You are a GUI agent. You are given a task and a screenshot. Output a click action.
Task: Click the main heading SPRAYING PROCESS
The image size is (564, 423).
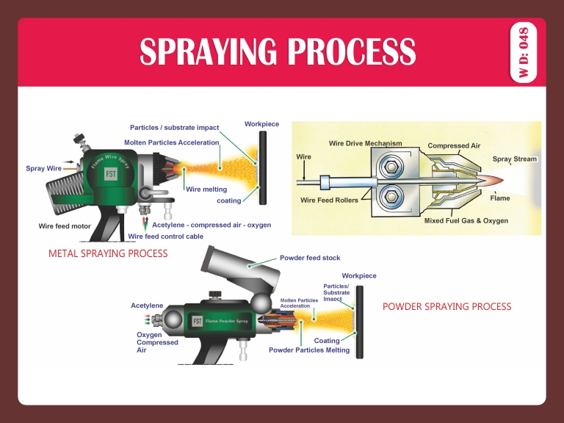point(278,51)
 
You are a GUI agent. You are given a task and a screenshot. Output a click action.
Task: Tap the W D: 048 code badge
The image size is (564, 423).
point(524,52)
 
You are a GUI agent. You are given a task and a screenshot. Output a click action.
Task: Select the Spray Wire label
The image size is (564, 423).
point(44,168)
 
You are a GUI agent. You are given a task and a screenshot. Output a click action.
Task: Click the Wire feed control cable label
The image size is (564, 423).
point(165,236)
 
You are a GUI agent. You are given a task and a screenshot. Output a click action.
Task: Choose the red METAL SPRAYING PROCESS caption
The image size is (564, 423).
point(107,253)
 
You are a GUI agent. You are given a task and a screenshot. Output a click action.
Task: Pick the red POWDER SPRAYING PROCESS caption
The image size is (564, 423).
point(446,306)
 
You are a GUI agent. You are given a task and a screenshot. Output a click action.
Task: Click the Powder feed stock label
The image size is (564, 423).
point(309,258)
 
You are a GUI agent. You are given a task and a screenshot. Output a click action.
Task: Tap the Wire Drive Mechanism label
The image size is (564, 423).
point(366,142)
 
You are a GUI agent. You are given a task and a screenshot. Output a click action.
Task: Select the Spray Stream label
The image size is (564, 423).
point(514,159)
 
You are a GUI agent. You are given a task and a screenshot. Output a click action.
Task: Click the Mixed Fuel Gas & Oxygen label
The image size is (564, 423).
point(466,220)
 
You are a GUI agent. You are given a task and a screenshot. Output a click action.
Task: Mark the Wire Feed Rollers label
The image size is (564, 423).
point(330,200)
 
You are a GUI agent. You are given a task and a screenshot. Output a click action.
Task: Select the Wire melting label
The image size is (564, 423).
point(206,189)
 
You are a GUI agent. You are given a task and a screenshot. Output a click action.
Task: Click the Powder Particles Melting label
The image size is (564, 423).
point(308,350)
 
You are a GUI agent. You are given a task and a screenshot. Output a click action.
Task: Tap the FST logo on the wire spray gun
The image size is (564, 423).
point(111,174)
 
